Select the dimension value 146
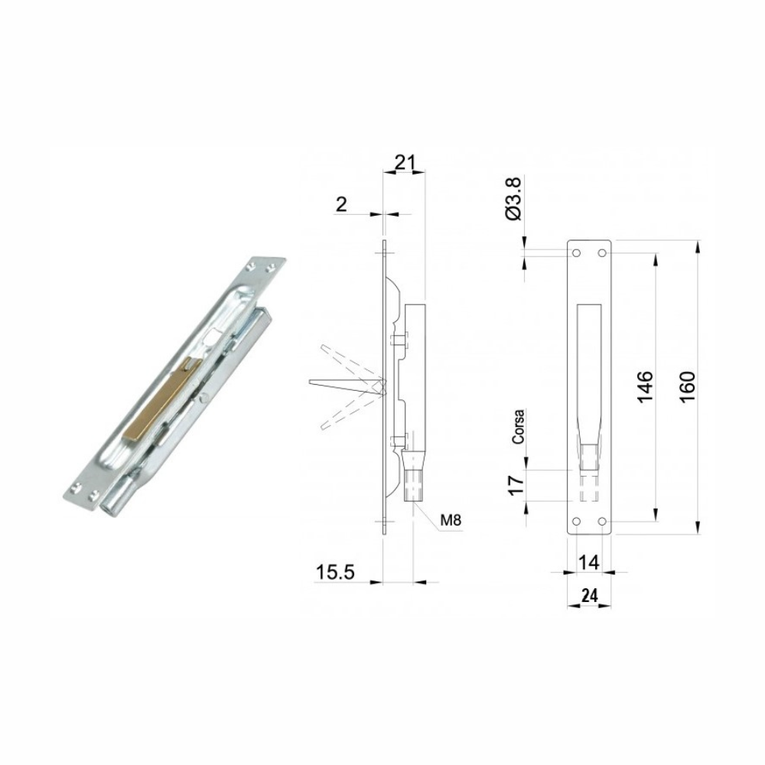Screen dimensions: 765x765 click(644, 387)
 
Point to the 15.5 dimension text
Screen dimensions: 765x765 click(335, 571)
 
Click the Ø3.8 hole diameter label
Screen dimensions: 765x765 click(514, 199)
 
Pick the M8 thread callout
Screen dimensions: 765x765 click(451, 520)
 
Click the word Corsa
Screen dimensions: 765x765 click(518, 426)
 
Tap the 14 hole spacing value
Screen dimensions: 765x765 click(588, 562)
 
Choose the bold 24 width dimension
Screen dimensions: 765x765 click(589, 596)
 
